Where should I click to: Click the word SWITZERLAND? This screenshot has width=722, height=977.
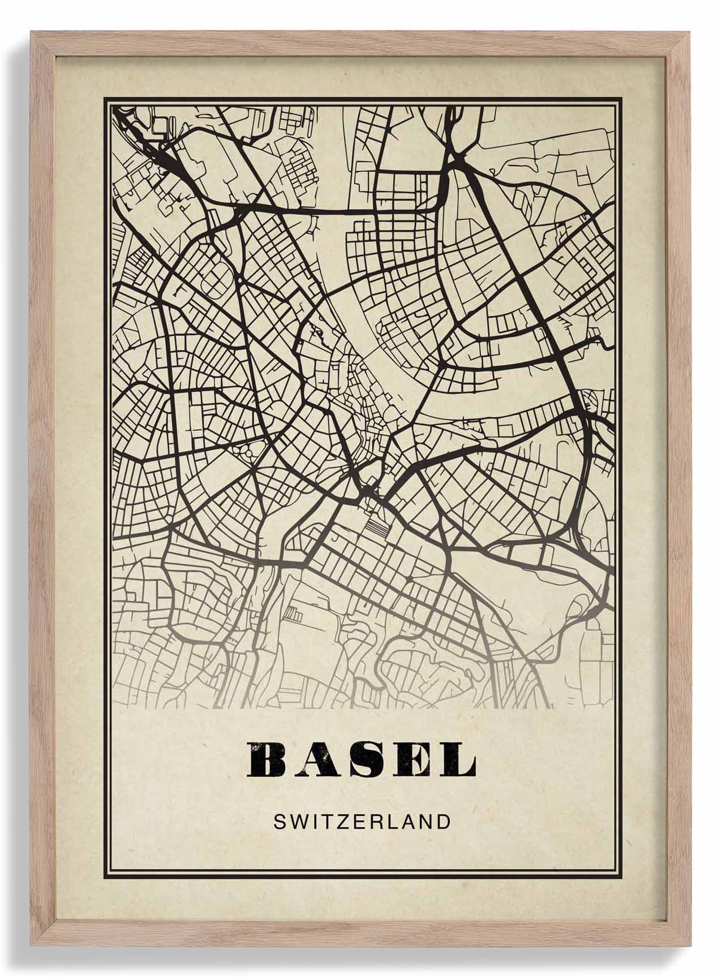click(x=362, y=822)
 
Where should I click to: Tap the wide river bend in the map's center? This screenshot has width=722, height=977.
click(x=362, y=317)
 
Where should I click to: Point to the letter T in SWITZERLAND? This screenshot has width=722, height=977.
click(x=325, y=822)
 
